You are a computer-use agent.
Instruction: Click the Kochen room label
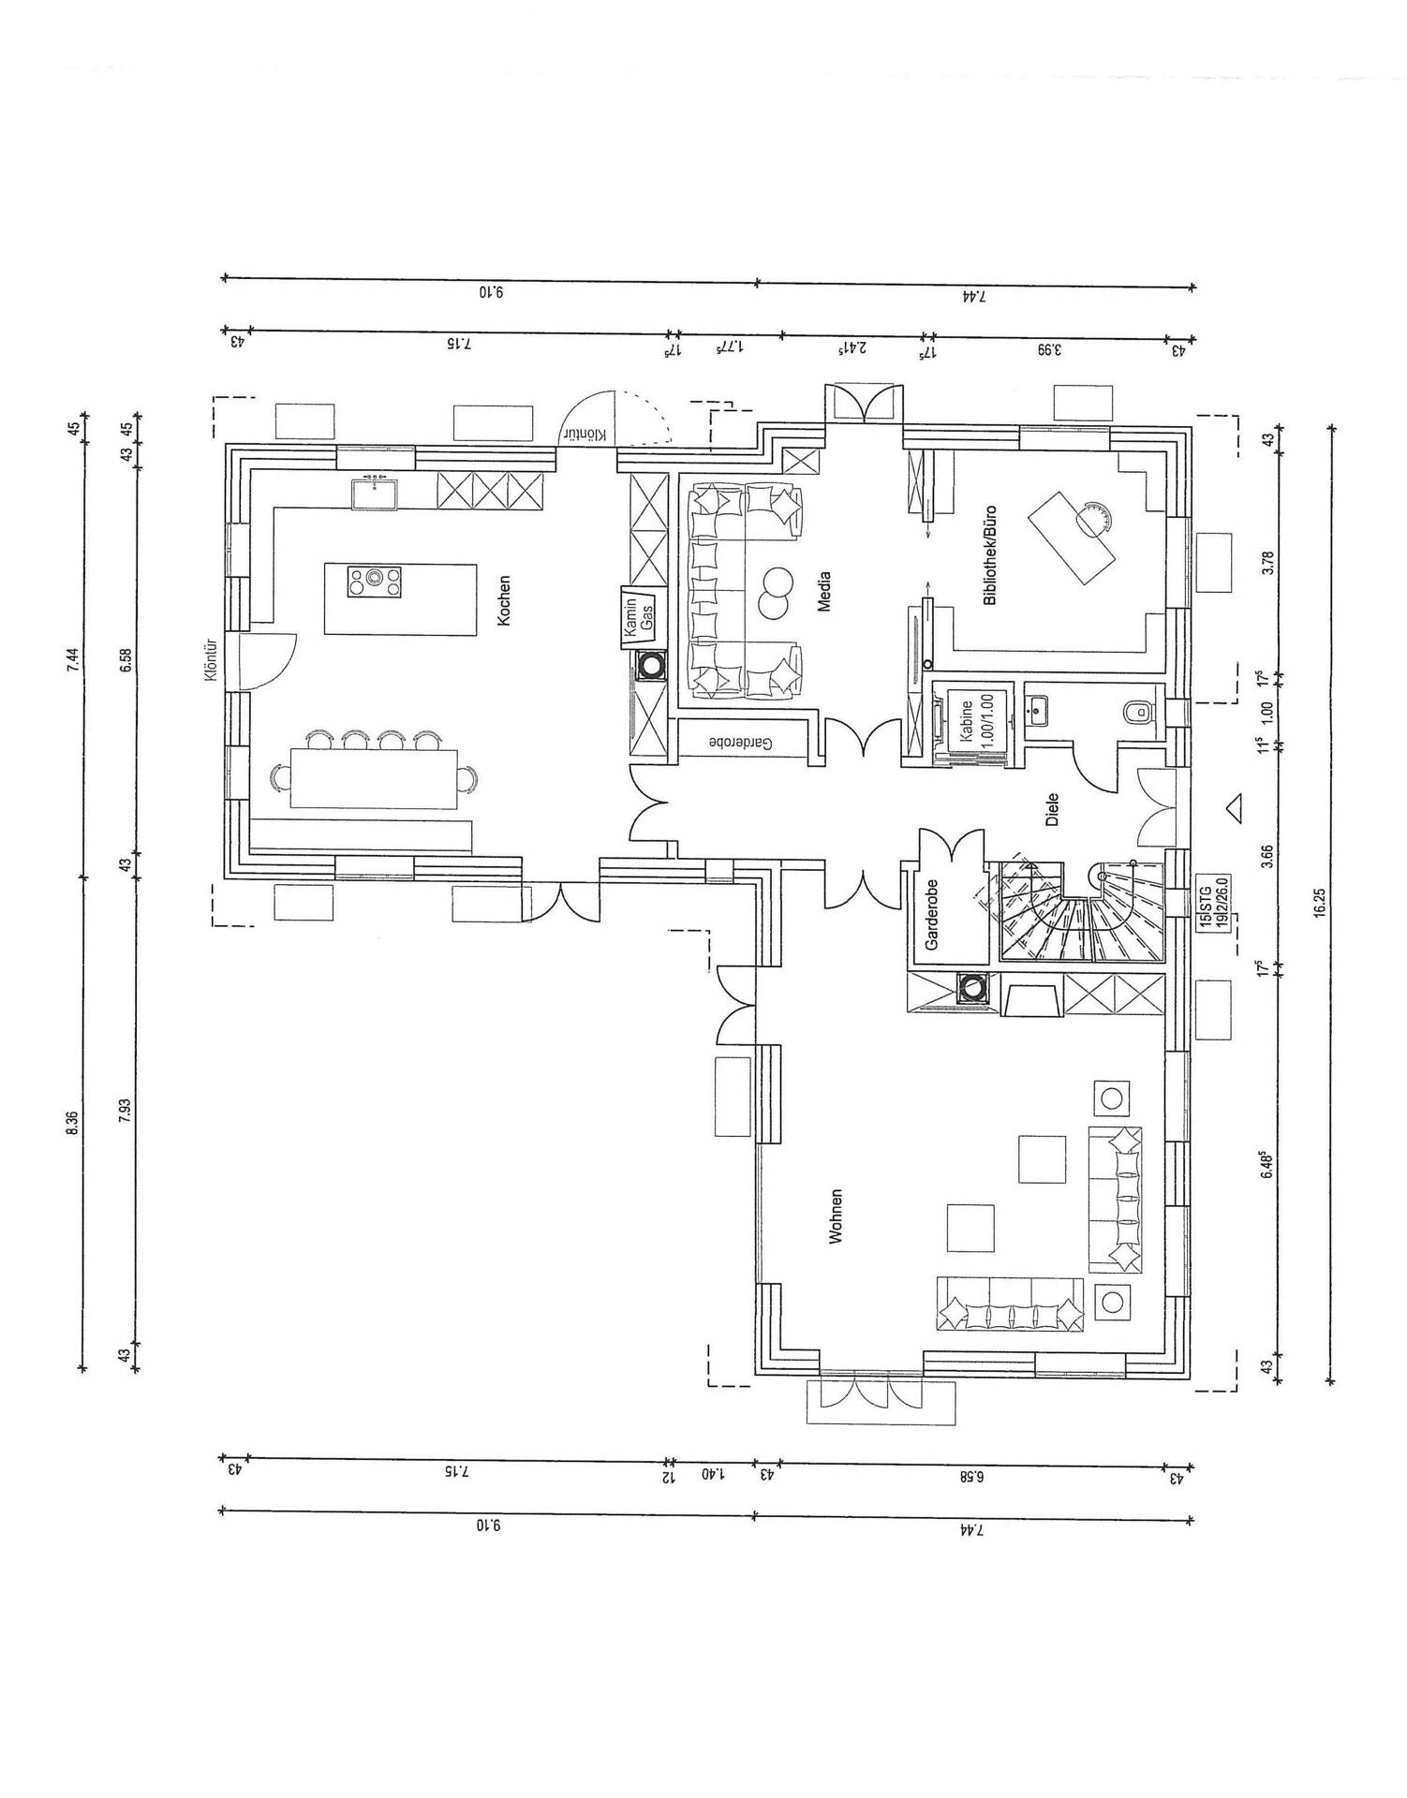(x=504, y=599)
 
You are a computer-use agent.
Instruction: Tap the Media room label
(x=824, y=592)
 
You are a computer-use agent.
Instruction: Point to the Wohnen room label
(x=836, y=1216)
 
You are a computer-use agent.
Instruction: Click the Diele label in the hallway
(x=1051, y=807)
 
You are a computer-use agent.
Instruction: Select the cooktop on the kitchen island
(x=375, y=582)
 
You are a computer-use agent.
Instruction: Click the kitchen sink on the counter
(x=375, y=494)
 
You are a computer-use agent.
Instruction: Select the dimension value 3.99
(x=1050, y=350)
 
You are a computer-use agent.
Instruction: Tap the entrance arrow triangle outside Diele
(x=1234, y=807)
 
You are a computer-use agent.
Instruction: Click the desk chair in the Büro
(x=1092, y=518)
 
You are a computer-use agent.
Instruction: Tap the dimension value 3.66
(x=1267, y=857)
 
